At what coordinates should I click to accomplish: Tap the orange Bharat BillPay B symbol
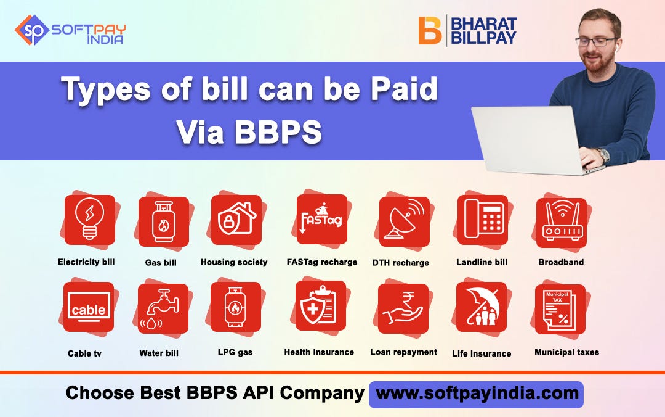pos(429,30)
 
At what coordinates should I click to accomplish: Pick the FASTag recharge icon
pos(321,220)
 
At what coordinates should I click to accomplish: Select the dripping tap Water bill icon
pos(163,308)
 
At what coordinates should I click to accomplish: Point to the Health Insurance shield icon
pos(320,306)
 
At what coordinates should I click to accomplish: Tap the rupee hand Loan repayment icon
pos(403,308)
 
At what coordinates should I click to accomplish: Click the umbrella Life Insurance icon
pos(481,307)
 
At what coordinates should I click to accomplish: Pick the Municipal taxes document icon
pos(560,309)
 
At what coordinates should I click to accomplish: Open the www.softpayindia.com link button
pos(475,394)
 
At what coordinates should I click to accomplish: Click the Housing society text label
pos(234,262)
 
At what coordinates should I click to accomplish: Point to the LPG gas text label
pos(236,352)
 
